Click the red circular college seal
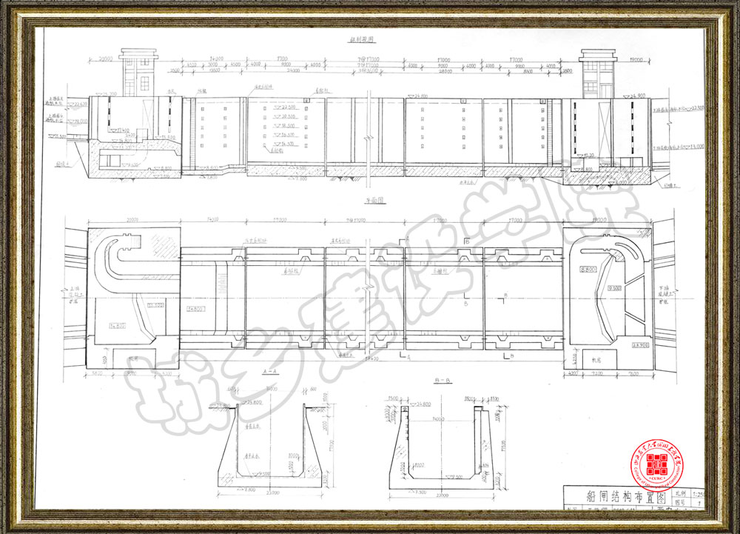[656, 464]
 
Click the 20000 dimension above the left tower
[105, 58]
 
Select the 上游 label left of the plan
[73, 290]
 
